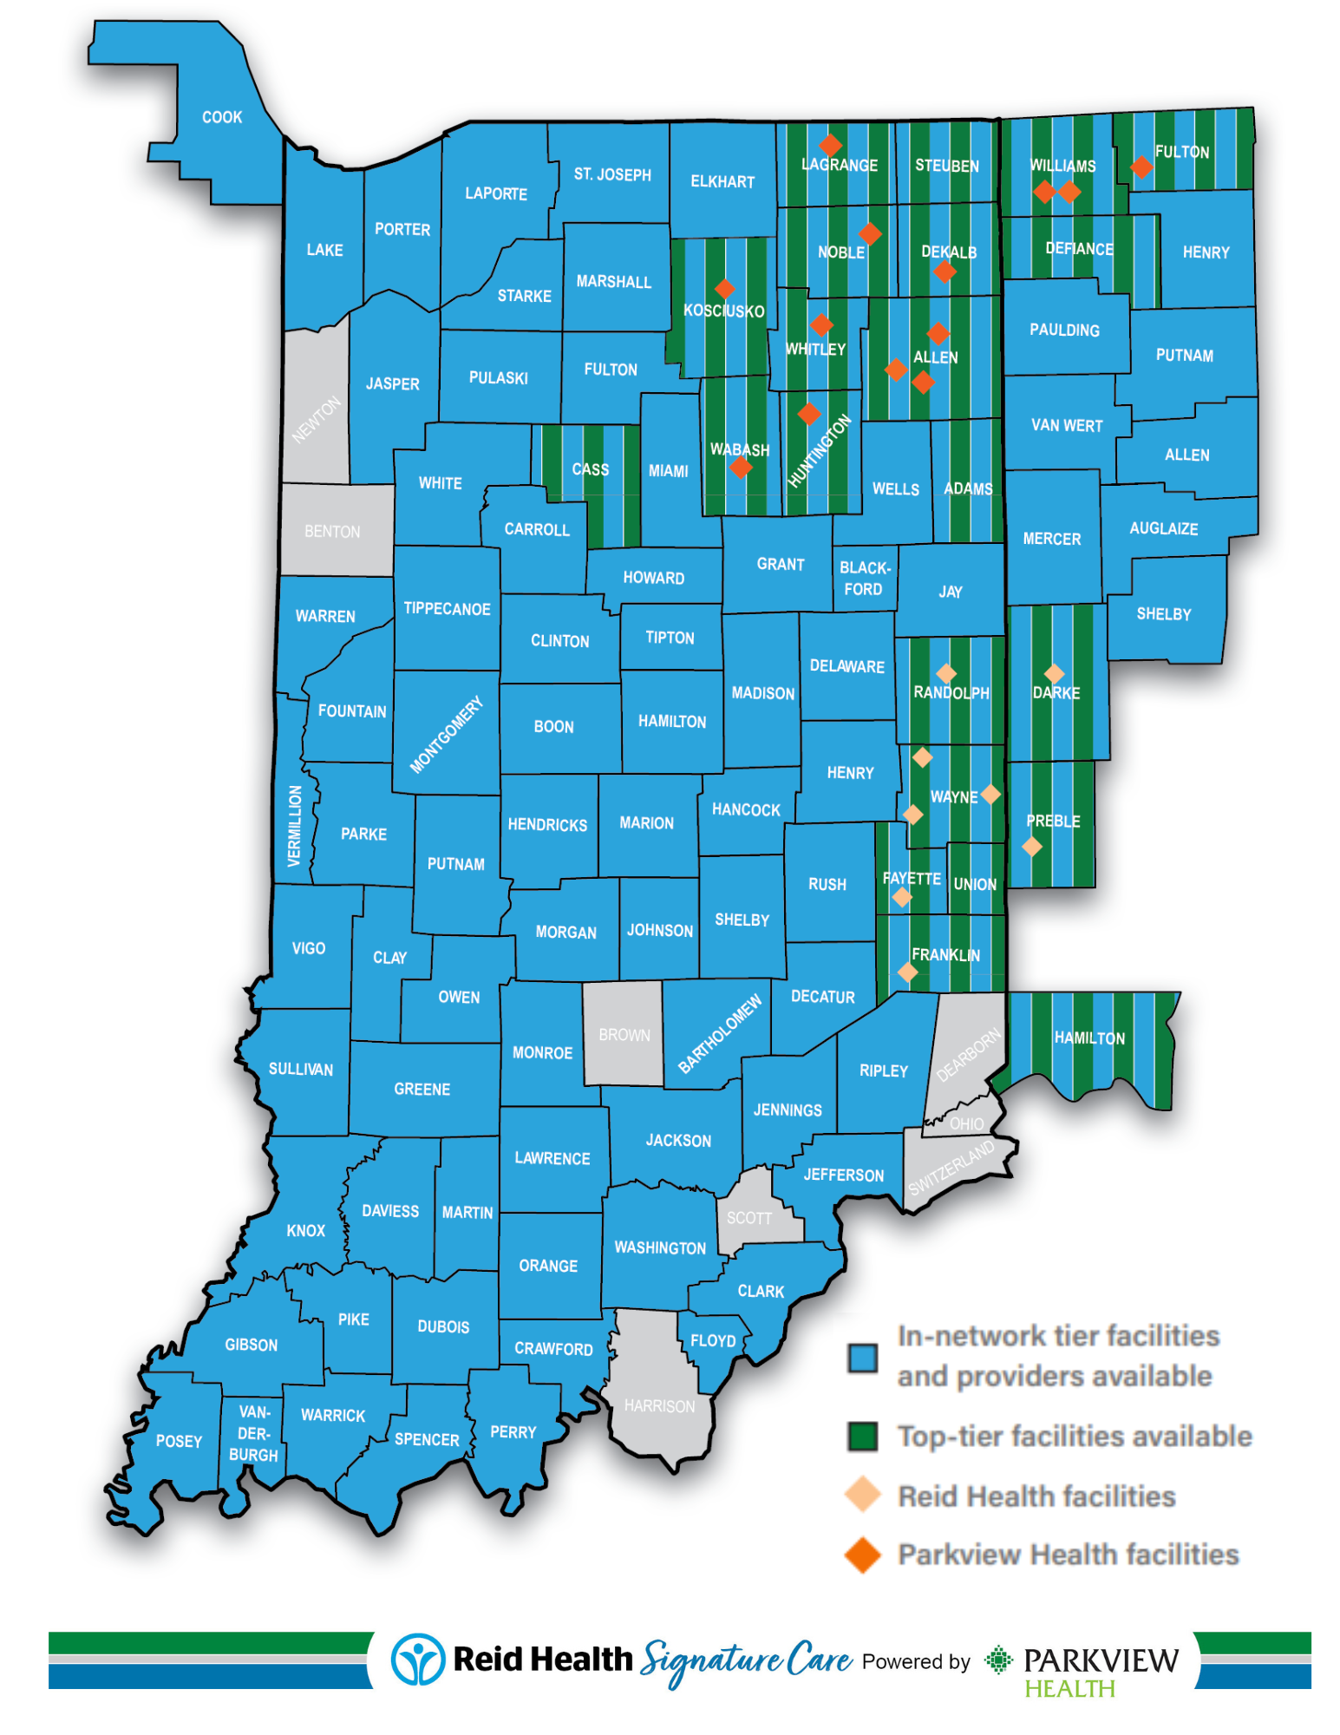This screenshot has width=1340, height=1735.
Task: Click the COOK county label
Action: point(222,117)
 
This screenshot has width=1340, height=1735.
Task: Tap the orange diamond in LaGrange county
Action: point(830,145)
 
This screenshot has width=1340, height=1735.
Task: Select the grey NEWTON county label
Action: point(316,420)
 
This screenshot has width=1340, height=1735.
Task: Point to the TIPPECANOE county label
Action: point(447,609)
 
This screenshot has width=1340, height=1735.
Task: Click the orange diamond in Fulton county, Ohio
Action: point(1141,166)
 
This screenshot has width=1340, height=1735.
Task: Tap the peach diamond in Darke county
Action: point(1054,673)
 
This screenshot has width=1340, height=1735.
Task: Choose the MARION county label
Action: point(646,822)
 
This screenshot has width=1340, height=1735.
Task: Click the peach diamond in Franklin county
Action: point(907,972)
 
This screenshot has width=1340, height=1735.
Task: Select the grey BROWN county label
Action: point(624,1035)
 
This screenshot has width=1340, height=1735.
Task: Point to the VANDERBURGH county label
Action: point(253,1433)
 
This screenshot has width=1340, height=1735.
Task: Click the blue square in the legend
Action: point(862,1358)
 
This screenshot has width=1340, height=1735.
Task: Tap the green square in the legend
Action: point(862,1436)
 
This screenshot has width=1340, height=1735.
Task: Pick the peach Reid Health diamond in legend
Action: point(862,1495)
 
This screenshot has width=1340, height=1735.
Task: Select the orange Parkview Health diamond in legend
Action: point(862,1555)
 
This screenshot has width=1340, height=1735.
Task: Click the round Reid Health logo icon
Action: point(418,1659)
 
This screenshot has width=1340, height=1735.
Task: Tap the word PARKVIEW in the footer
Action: point(1101,1660)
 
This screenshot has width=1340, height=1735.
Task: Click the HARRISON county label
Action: point(659,1405)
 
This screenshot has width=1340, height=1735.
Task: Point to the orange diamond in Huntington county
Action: point(808,413)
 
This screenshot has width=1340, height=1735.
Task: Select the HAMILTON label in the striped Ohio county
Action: point(1089,1038)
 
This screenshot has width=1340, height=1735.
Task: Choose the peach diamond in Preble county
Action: point(1031,846)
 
